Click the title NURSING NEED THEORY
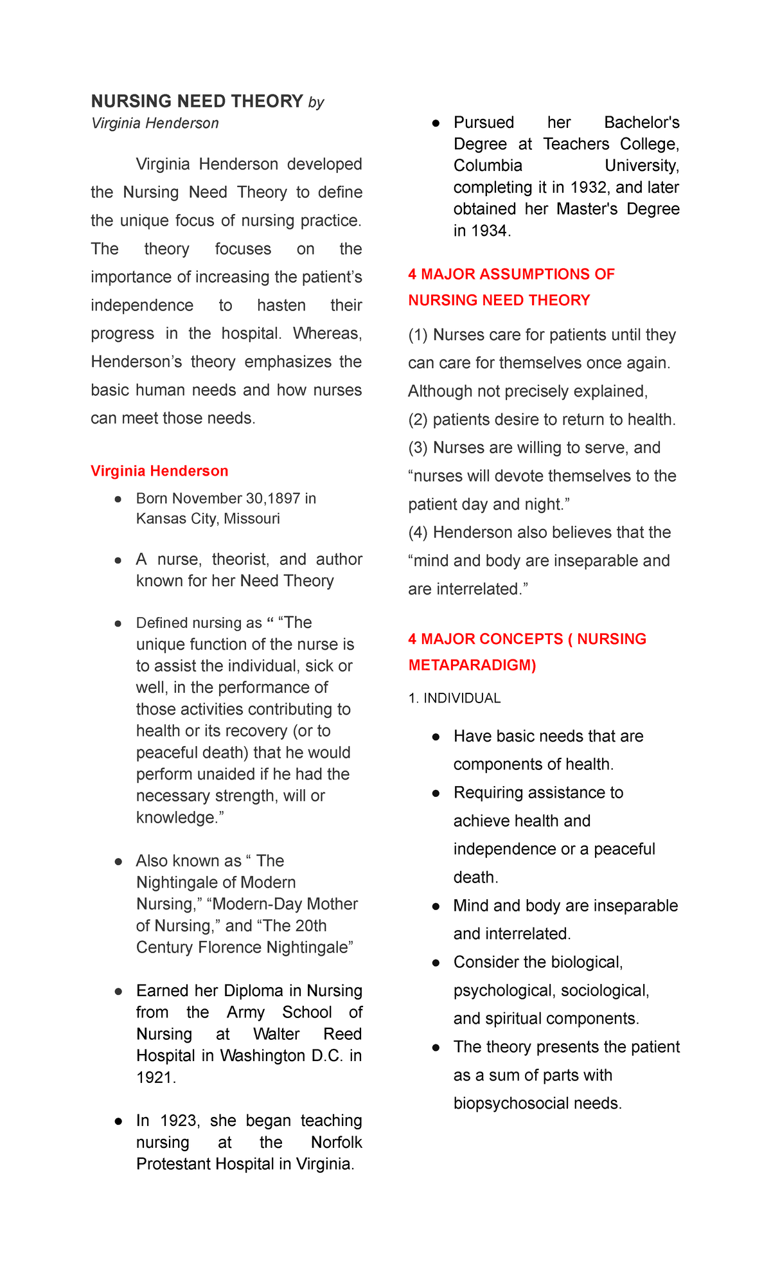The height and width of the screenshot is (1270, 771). point(197,102)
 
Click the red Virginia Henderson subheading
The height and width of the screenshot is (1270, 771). point(159,471)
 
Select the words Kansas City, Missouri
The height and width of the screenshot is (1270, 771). point(208,519)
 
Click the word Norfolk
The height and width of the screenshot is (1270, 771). point(336,1142)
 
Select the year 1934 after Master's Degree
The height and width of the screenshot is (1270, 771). point(488,231)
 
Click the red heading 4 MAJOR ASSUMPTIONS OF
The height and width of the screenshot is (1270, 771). point(511,274)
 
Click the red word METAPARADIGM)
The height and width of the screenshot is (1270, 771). point(472,665)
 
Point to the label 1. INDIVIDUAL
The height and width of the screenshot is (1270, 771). point(454,699)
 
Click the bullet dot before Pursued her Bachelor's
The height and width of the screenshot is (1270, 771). point(436,123)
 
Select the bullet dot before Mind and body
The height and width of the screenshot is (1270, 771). point(436,906)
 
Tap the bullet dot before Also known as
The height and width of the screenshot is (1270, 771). point(118,861)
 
